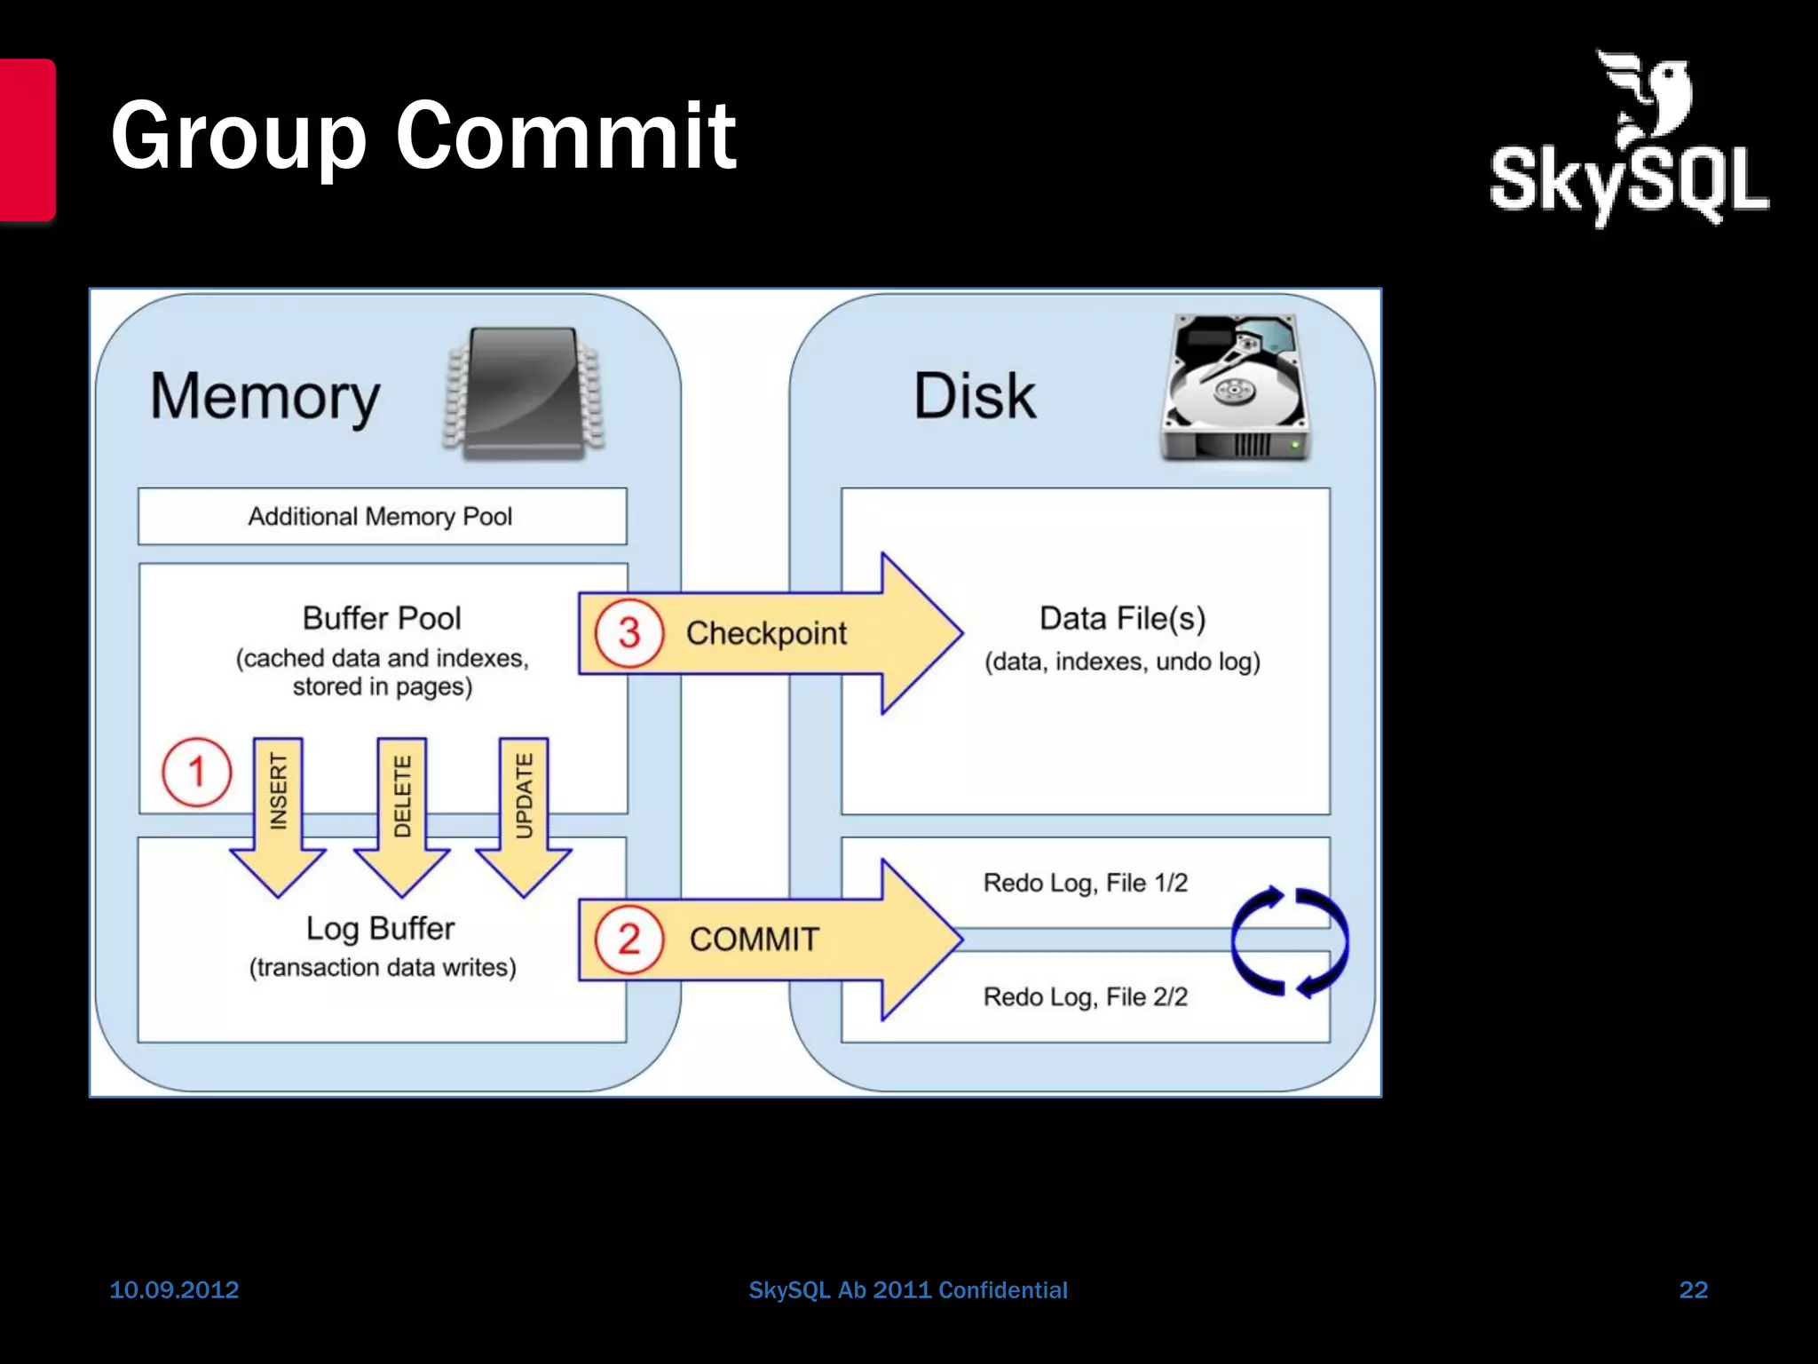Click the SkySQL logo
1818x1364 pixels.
point(1629,142)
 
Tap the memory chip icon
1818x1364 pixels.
point(524,393)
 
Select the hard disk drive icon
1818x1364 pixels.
point(1235,387)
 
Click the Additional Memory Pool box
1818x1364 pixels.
point(382,516)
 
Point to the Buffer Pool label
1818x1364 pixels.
point(382,618)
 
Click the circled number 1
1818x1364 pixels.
point(196,772)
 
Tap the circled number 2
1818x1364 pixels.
point(628,940)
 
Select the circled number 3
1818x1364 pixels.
point(628,633)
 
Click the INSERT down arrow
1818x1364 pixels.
point(278,813)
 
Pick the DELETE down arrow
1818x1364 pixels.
point(401,813)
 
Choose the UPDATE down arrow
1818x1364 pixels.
point(524,813)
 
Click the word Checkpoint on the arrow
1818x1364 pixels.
point(766,633)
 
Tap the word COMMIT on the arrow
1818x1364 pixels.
point(754,940)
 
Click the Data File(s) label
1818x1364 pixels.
point(1122,619)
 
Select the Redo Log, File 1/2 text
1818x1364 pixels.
point(1085,883)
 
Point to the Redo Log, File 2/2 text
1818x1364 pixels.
point(1085,996)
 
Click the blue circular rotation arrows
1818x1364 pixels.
point(1289,941)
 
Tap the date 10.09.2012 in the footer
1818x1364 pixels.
point(174,1289)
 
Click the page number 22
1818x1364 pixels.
point(1693,1289)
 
